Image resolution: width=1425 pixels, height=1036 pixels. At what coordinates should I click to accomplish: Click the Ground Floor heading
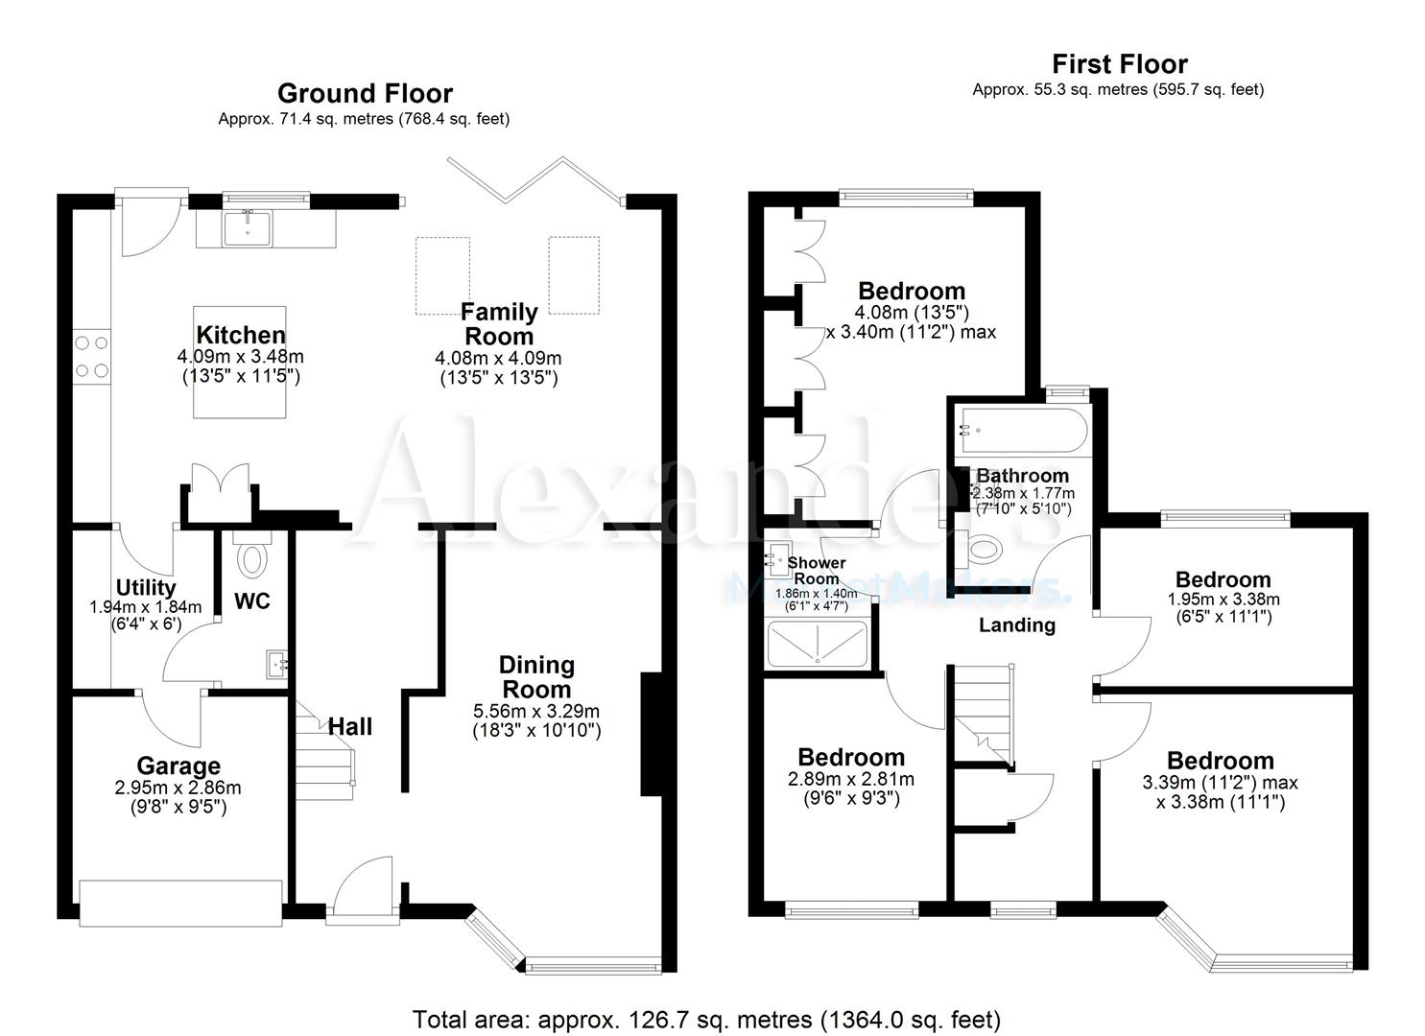pyautogui.click(x=365, y=93)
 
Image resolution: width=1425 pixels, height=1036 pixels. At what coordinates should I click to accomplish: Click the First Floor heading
pyautogui.click(x=1119, y=64)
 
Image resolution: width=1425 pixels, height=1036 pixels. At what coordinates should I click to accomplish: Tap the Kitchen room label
pyautogui.click(x=241, y=335)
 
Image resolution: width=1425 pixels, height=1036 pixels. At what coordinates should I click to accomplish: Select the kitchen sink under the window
pyautogui.click(x=248, y=228)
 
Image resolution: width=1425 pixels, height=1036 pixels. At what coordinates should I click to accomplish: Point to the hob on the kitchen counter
pyautogui.click(x=91, y=356)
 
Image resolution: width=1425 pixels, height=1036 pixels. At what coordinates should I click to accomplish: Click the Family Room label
pyautogui.click(x=498, y=324)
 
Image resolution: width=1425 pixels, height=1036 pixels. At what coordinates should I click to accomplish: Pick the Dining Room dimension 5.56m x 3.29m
pyautogui.click(x=536, y=711)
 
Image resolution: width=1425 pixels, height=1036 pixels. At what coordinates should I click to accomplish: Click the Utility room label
pyautogui.click(x=145, y=587)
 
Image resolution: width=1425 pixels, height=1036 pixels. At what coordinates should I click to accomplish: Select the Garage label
pyautogui.click(x=178, y=765)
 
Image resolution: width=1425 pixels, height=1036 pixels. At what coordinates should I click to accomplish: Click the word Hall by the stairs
pyautogui.click(x=350, y=727)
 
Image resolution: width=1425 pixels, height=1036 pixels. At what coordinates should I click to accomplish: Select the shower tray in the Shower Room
pyautogui.click(x=817, y=644)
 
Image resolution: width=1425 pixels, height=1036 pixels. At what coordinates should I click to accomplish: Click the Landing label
pyautogui.click(x=1016, y=625)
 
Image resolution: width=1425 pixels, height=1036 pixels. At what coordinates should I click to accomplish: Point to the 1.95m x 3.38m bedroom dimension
pyautogui.click(x=1223, y=600)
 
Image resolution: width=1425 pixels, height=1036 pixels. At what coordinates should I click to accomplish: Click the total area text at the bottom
pyautogui.click(x=706, y=1019)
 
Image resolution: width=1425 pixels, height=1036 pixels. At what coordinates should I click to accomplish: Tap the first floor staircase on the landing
pyautogui.click(x=982, y=715)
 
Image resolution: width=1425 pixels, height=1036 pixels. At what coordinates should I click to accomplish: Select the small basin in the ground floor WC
pyautogui.click(x=275, y=663)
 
